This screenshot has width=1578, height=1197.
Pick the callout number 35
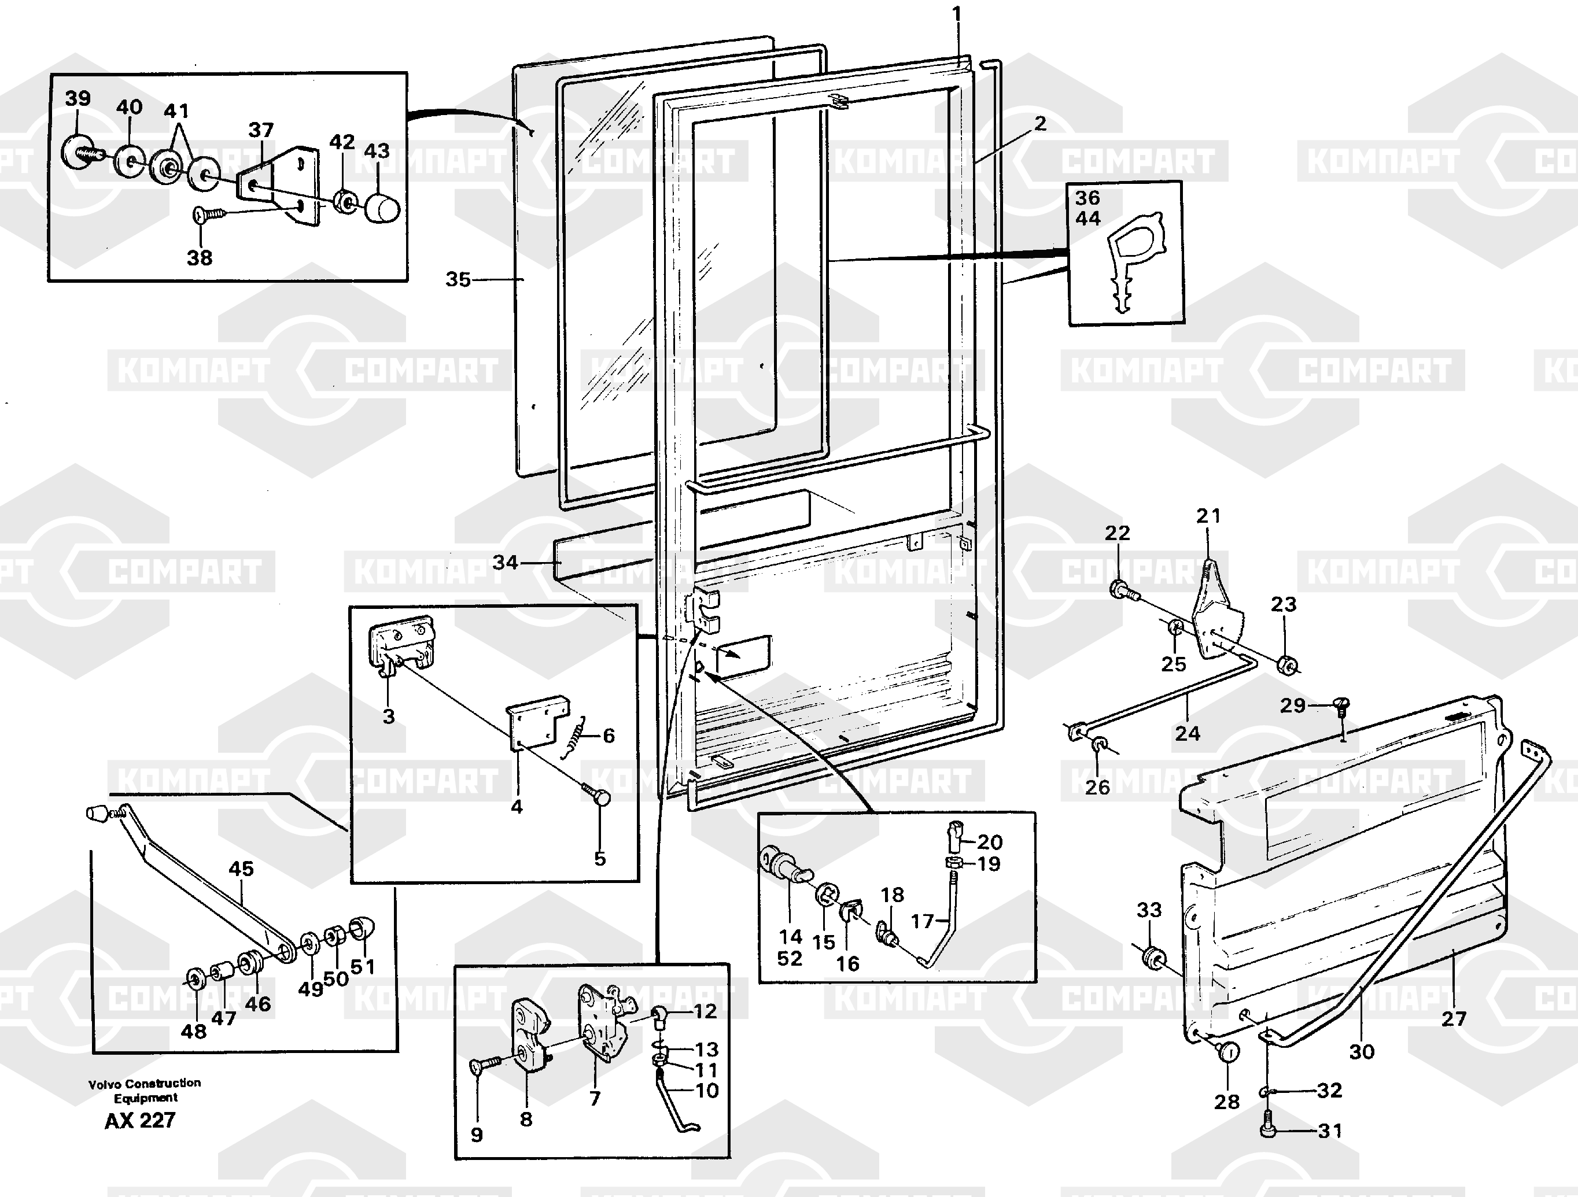[x=458, y=280]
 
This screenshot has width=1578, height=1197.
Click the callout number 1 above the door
[x=956, y=13]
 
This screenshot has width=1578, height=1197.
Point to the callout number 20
[x=990, y=843]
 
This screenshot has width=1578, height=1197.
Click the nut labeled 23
[x=1288, y=664]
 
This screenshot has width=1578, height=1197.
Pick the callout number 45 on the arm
[x=241, y=869]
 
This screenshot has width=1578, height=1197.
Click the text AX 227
[x=140, y=1121]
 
